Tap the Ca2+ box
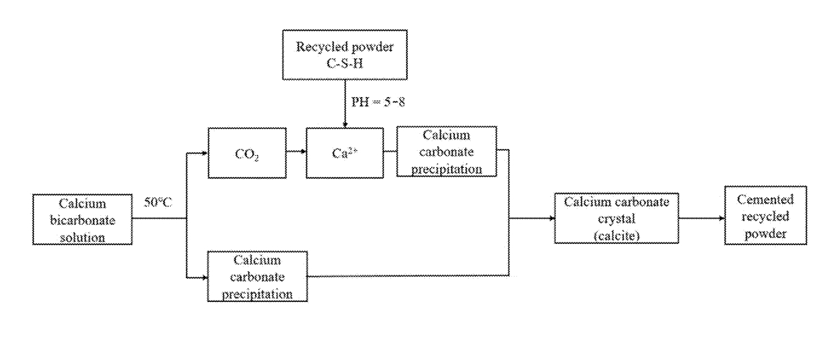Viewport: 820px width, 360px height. (344, 153)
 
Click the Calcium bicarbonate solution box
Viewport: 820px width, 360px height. (82, 219)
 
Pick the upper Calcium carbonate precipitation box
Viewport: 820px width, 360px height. (446, 152)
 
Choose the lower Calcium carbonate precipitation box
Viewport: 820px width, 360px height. (259, 277)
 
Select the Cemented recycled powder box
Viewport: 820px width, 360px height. (765, 217)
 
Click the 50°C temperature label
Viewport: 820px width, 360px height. (158, 203)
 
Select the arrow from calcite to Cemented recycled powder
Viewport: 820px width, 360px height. (702, 219)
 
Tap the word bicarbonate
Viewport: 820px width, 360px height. (82, 220)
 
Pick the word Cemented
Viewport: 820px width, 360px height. (765, 199)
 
